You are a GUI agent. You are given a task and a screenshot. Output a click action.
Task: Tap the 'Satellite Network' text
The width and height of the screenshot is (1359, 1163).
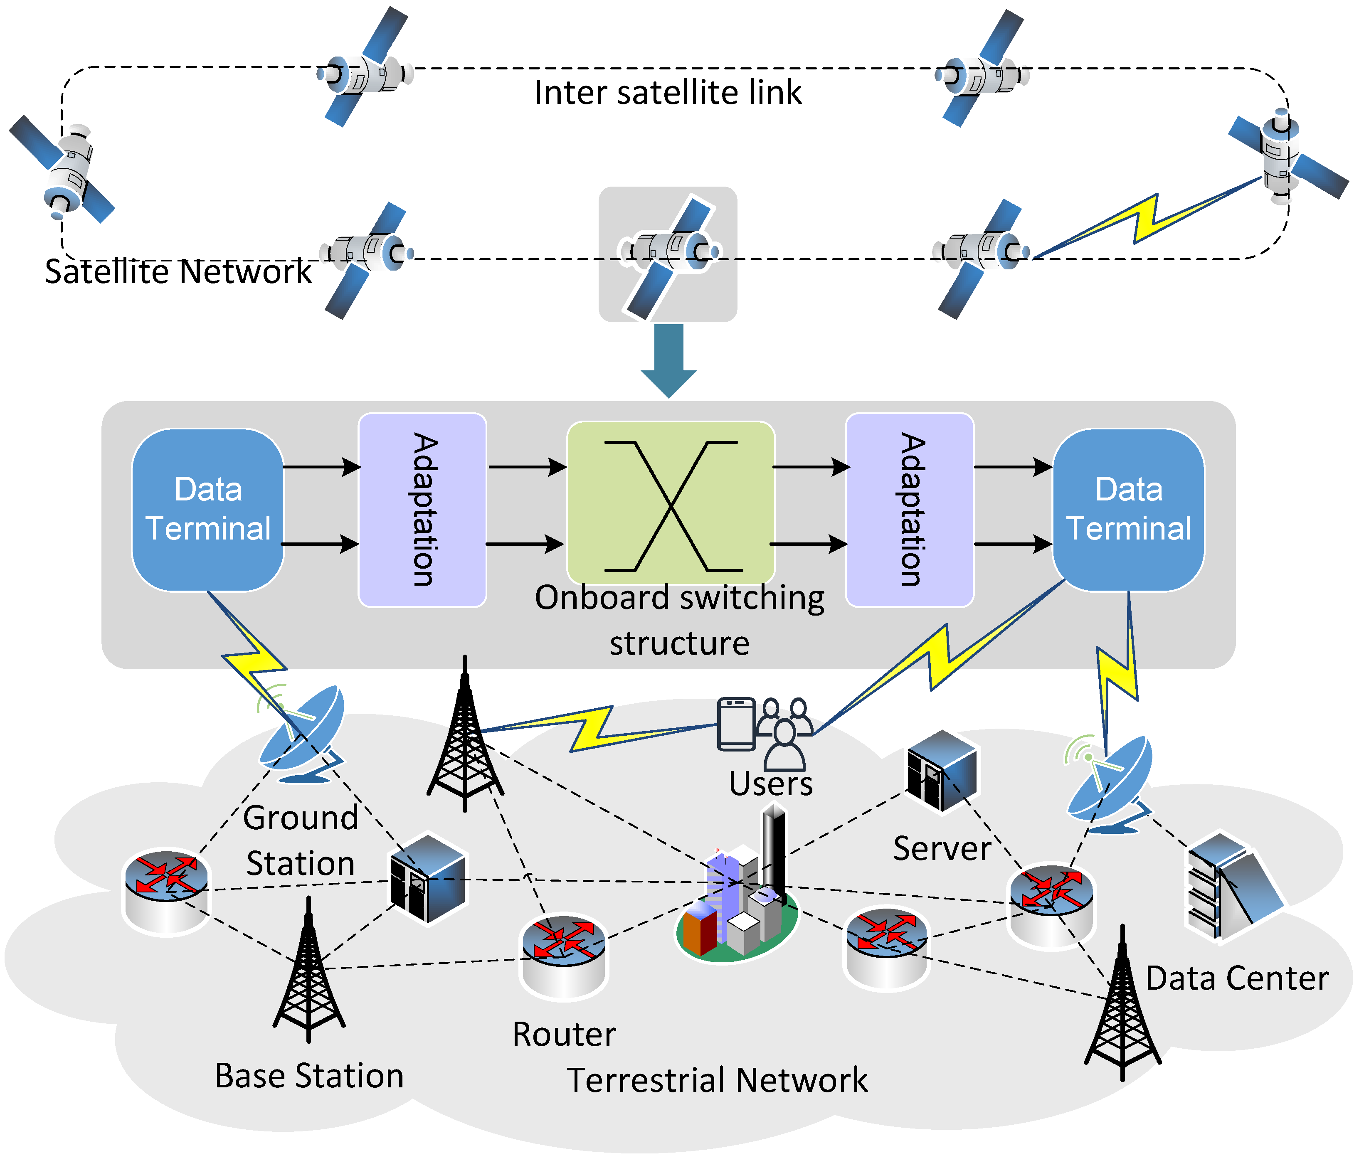click(x=178, y=271)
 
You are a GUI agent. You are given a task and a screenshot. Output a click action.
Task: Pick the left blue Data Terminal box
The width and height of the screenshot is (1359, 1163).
click(x=208, y=510)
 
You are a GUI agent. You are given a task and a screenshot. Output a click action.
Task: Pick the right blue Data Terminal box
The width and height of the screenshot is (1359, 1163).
click(x=1128, y=510)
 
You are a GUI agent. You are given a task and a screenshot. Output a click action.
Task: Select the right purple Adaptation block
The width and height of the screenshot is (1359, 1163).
click(x=910, y=510)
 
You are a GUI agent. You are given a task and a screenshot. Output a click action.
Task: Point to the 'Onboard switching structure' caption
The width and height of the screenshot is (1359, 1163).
click(x=679, y=620)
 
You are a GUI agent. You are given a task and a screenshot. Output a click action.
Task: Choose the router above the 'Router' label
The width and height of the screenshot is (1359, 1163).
click(x=564, y=954)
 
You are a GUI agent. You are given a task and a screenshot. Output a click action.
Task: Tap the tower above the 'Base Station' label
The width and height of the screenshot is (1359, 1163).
click(x=309, y=971)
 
